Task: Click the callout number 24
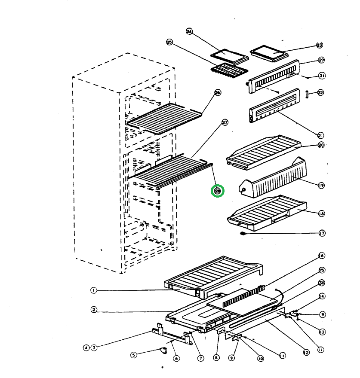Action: click(189, 31)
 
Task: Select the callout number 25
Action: click(169, 42)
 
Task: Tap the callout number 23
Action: click(319, 45)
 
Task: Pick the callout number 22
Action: click(321, 92)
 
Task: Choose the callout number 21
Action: click(321, 135)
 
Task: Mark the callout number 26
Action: click(218, 92)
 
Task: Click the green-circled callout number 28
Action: click(218, 191)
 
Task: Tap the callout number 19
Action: click(321, 186)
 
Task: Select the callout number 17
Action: click(321, 233)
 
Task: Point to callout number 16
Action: click(321, 256)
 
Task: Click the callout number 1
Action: click(93, 290)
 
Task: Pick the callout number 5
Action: click(134, 355)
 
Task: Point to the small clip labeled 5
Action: click(164, 350)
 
